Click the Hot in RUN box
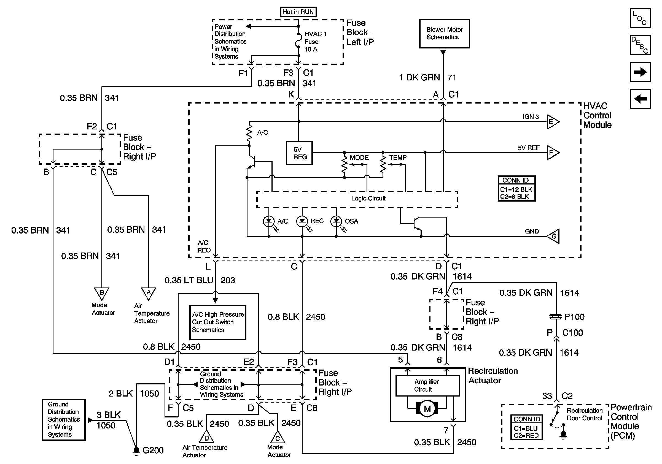coord(298,12)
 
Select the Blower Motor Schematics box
coord(444,33)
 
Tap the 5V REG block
coord(299,153)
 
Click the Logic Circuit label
coord(368,199)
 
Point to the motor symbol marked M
coord(427,409)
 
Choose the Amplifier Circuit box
coord(427,385)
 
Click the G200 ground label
coord(153,450)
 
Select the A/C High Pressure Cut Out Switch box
coord(218,322)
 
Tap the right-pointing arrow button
coord(640,72)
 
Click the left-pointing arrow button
coord(640,99)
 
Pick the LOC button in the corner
coord(640,18)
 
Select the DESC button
coord(640,45)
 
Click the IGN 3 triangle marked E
coord(552,121)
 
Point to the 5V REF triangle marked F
coord(552,153)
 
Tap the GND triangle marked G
coord(554,236)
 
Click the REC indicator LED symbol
coord(302,221)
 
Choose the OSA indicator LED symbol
coord(336,221)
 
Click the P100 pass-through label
coord(574,317)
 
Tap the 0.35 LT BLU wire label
coord(189,280)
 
